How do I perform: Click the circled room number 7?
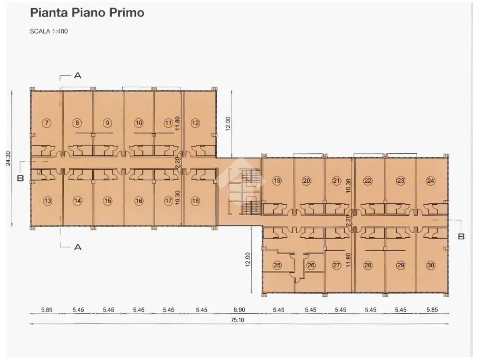pyautogui.click(x=46, y=123)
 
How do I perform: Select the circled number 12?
pyautogui.click(x=195, y=123)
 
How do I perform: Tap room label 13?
pyautogui.click(x=48, y=201)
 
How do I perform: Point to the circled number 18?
pyautogui.click(x=195, y=201)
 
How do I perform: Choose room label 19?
pyautogui.click(x=277, y=181)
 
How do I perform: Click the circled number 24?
pyautogui.click(x=430, y=181)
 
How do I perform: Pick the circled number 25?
pyautogui.click(x=277, y=265)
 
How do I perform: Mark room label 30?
pyautogui.click(x=430, y=265)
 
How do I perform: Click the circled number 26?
pyautogui.click(x=311, y=265)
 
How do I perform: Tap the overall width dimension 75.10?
pyautogui.click(x=237, y=320)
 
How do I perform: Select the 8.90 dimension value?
pyautogui.click(x=239, y=310)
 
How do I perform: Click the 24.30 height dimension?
pyautogui.click(x=8, y=159)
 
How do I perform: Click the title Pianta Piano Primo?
pyautogui.click(x=87, y=12)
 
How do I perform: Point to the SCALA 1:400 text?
pyautogui.click(x=49, y=31)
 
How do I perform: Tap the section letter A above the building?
pyautogui.click(x=78, y=76)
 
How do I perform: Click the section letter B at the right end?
pyautogui.click(x=461, y=237)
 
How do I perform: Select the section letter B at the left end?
pyautogui.click(x=20, y=178)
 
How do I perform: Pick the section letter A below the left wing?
pyautogui.click(x=78, y=247)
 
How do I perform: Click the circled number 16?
pyautogui.click(x=139, y=201)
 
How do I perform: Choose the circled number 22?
pyautogui.click(x=368, y=181)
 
